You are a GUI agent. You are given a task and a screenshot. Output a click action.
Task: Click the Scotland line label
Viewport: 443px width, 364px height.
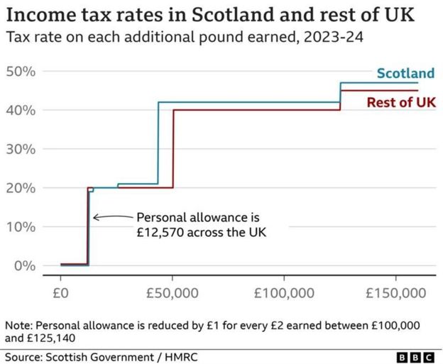pos(405,73)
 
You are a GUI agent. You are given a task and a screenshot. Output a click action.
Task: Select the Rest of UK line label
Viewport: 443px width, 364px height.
pos(401,103)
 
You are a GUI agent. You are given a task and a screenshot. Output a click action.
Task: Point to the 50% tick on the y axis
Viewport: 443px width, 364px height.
pos(21,72)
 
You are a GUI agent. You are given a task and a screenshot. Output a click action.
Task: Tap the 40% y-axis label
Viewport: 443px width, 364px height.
pos(21,111)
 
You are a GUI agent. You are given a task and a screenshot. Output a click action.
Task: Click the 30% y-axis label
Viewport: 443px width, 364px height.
pos(21,150)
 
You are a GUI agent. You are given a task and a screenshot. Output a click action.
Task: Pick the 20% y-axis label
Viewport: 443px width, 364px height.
pos(21,188)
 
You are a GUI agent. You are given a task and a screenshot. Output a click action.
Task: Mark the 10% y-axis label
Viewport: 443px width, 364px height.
pos(21,227)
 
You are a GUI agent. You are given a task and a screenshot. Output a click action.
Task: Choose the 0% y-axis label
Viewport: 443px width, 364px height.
pos(23,266)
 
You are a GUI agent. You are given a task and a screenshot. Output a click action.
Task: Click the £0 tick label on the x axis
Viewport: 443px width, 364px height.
pos(61,292)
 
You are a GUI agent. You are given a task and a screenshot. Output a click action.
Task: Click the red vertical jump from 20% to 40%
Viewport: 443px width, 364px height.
pos(173,149)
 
